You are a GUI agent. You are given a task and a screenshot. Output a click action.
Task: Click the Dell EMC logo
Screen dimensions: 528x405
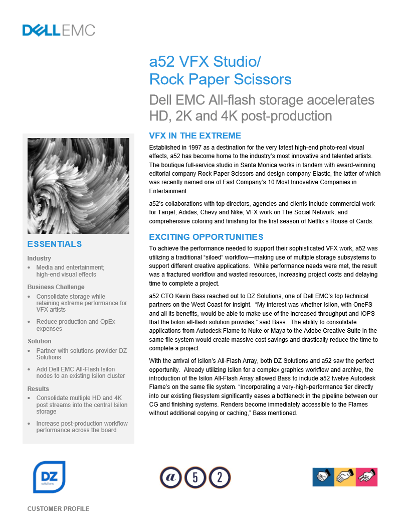point(59,30)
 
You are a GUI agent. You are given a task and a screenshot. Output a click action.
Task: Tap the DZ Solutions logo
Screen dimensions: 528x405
point(49,477)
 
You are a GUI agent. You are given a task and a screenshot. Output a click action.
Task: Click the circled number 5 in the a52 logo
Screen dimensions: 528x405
point(195,477)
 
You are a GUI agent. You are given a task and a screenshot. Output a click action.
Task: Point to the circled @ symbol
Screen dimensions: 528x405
point(170,477)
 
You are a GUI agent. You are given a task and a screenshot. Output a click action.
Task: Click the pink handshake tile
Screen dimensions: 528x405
point(366,477)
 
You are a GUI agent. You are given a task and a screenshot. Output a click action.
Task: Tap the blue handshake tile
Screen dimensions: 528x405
point(323,477)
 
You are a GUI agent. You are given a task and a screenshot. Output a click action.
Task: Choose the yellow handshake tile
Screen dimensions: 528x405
point(345,477)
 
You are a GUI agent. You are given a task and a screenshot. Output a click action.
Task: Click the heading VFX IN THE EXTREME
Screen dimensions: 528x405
point(195,136)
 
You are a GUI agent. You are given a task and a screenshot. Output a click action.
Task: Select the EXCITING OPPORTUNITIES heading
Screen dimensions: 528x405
point(206,237)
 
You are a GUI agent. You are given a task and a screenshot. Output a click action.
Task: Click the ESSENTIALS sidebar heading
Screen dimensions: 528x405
point(55,244)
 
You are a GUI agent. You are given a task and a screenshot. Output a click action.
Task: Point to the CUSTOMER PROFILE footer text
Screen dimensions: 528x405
point(58,509)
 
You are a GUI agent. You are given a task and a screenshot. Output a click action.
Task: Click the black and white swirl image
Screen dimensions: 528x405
point(78,186)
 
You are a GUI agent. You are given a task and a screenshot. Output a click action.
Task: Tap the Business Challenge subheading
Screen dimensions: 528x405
point(56,287)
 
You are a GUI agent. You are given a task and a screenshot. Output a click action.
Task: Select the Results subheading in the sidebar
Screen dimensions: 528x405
point(38,389)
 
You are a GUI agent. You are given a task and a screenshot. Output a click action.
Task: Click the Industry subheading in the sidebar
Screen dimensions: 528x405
point(39,258)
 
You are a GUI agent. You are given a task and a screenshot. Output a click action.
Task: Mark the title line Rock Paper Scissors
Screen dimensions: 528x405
point(221,79)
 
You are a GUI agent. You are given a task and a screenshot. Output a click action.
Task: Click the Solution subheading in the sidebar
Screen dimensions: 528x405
point(40,341)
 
